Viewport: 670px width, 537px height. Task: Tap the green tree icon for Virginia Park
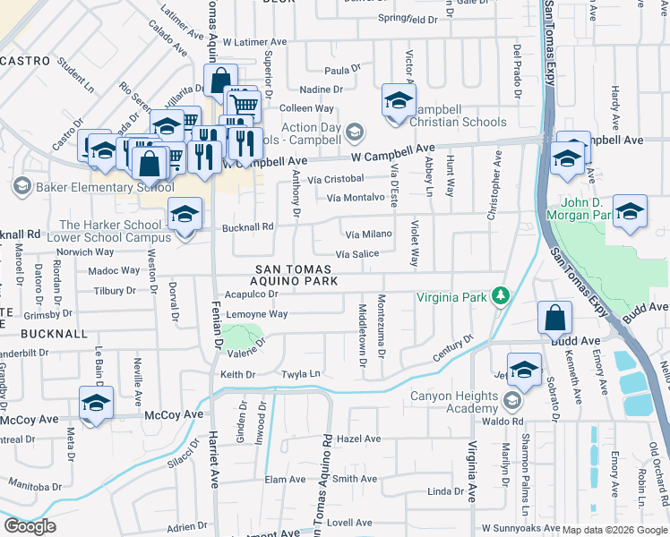coord(503,295)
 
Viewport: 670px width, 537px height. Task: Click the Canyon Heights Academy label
coord(453,403)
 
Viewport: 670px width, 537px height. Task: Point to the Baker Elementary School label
coord(105,187)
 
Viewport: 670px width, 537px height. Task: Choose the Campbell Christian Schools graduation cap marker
coord(399,100)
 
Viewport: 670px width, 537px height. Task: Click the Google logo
coord(30,526)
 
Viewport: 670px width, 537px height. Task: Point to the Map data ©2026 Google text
coord(614,529)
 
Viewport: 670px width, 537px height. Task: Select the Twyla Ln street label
coord(301,374)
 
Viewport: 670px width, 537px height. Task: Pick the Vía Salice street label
coord(356,254)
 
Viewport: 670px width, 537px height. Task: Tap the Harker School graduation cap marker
coord(185,216)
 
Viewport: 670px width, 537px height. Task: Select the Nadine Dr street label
coord(321,89)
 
